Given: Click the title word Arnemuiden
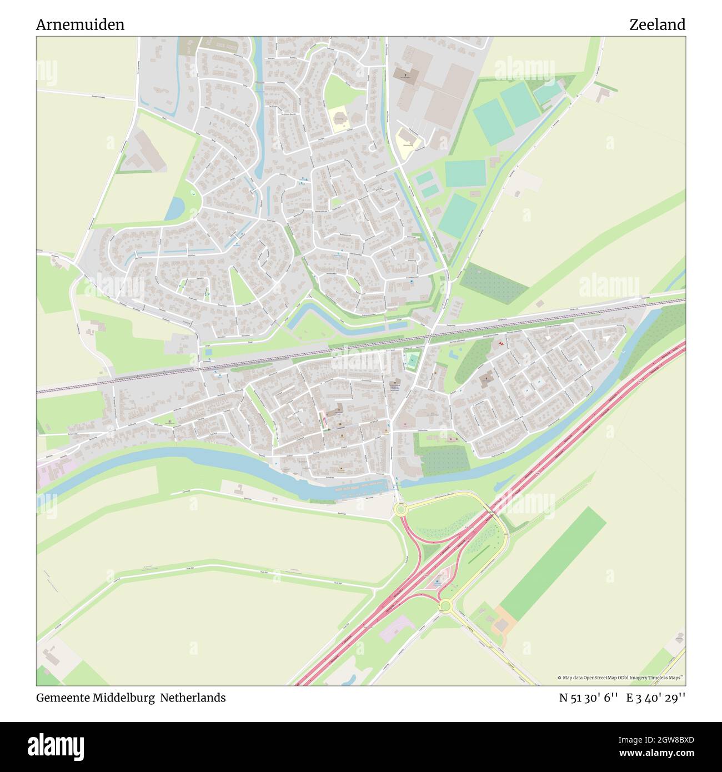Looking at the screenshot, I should [x=80, y=24].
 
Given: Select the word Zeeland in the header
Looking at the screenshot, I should [x=657, y=24].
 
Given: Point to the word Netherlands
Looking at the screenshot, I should [x=193, y=698].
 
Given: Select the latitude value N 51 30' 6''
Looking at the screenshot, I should [x=589, y=698].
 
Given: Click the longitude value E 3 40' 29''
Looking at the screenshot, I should [x=656, y=698].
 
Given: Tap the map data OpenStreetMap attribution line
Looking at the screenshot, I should [x=620, y=678].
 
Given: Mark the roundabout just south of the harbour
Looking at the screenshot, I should [x=399, y=509].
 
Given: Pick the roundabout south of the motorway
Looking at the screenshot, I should [x=444, y=605].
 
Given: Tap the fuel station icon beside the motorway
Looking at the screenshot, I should [x=437, y=583].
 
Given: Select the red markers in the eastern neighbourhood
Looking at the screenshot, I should [x=501, y=344].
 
